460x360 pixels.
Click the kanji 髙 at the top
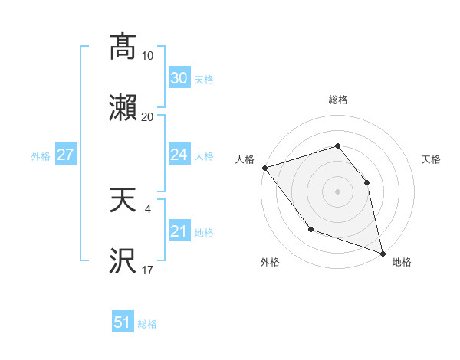click(x=123, y=47)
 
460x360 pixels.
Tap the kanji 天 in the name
click(x=123, y=201)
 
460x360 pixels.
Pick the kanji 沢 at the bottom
click(x=123, y=262)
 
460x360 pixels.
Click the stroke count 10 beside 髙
click(x=148, y=56)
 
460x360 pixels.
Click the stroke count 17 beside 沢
click(x=148, y=270)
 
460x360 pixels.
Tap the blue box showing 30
click(x=179, y=78)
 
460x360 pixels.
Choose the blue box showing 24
click(x=179, y=155)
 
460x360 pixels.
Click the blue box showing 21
click(x=179, y=231)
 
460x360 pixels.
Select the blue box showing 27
click(x=65, y=155)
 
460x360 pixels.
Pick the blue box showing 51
click(x=123, y=322)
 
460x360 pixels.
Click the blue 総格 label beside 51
click(x=147, y=324)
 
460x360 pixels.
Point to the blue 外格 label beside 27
click(x=41, y=156)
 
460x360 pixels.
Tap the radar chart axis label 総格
click(x=337, y=100)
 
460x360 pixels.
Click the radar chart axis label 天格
click(x=432, y=159)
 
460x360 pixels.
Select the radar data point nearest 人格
click(x=264, y=167)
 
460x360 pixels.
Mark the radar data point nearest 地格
click(x=383, y=252)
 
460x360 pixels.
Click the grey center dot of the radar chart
click(x=337, y=191)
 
